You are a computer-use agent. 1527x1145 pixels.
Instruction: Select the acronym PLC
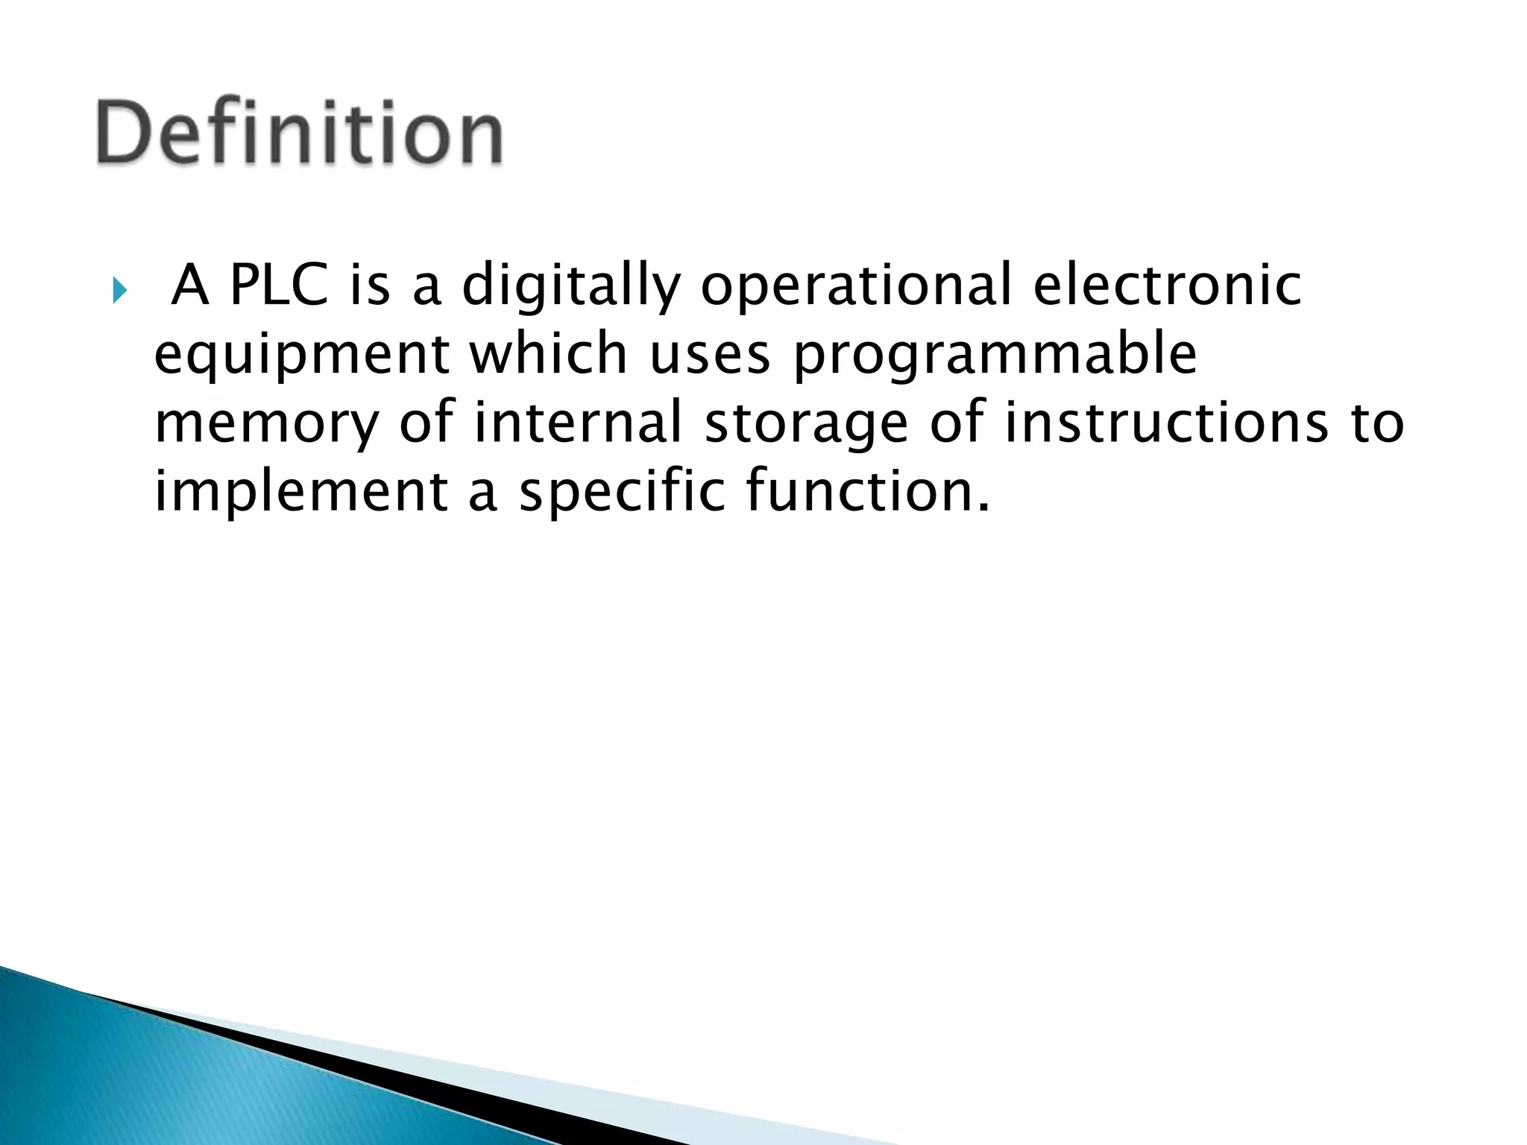[279, 286]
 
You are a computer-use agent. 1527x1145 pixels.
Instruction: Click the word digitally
[571, 286]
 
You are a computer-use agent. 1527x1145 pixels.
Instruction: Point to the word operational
[856, 286]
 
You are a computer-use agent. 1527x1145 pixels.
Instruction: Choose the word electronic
[1167, 286]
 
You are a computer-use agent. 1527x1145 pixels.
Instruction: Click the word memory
[266, 423]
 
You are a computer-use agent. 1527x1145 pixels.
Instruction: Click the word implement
[300, 491]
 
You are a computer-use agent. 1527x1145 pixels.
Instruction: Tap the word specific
[622, 491]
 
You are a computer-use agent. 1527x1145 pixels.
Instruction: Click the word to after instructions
[1377, 422]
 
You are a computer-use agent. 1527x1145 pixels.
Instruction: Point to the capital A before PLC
[190, 286]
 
